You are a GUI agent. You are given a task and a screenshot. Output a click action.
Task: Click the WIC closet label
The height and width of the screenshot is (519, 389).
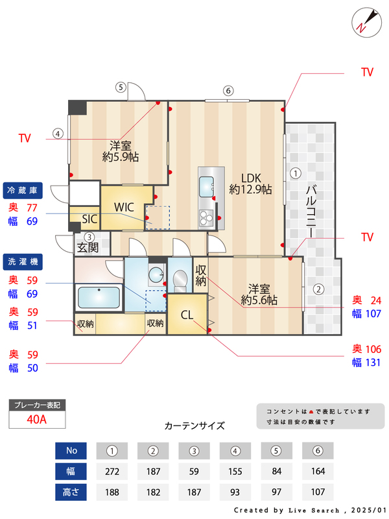tap(124, 207)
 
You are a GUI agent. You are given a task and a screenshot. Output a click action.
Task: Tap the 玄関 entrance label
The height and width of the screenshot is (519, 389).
tap(88, 247)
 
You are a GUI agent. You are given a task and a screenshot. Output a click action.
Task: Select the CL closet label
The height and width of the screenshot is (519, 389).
tap(187, 315)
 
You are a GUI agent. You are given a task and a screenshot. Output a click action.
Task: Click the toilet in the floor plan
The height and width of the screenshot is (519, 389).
tap(179, 280)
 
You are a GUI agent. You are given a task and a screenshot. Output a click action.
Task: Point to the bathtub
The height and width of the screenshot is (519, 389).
tap(99, 298)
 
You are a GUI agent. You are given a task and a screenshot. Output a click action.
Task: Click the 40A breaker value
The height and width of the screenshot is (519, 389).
tap(37, 419)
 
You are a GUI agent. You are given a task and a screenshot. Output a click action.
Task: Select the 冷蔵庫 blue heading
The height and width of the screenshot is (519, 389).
tap(23, 190)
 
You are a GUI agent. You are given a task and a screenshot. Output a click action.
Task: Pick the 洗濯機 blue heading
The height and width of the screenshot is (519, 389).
tap(23, 262)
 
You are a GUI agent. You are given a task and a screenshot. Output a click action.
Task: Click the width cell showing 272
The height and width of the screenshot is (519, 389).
tap(113, 471)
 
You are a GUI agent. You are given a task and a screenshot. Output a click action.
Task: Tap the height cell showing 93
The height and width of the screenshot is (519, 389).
tap(236, 492)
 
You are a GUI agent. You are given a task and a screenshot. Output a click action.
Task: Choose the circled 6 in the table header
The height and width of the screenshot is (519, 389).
tap(317, 450)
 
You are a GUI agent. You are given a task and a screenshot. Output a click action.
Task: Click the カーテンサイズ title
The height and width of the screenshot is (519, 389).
tap(194, 426)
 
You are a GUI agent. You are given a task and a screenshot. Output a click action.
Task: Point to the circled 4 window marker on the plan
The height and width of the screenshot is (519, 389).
tap(58, 134)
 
